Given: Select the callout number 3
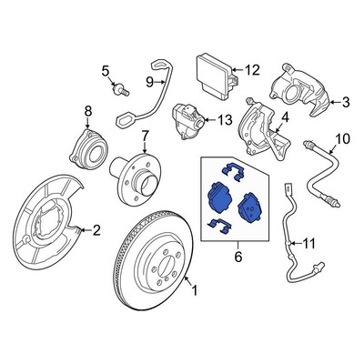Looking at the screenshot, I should click(x=345, y=105).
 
